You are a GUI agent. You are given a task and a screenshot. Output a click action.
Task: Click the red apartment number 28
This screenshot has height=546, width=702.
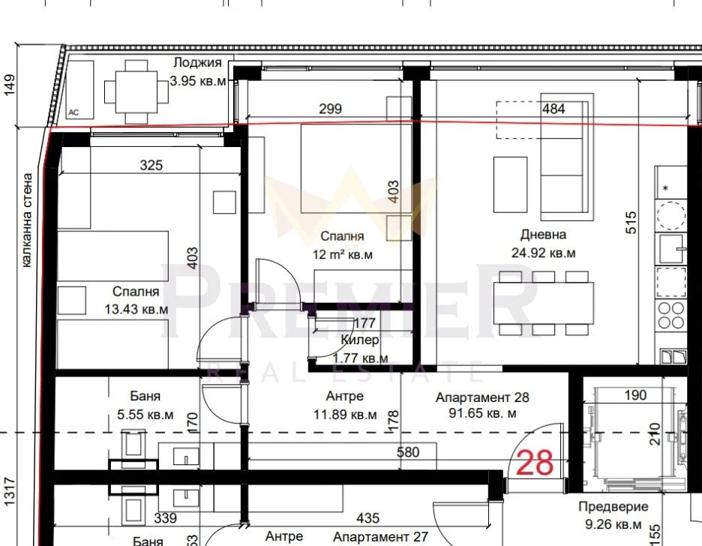[535, 462]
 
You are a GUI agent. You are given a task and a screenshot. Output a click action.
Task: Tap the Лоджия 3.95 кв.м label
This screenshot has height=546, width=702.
[198, 71]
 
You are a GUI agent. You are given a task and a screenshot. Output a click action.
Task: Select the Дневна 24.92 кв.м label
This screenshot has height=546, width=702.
[544, 244]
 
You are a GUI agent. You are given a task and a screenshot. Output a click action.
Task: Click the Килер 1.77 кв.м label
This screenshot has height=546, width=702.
[360, 349]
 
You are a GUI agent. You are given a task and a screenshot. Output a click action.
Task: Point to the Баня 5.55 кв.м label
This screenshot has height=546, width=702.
[145, 405]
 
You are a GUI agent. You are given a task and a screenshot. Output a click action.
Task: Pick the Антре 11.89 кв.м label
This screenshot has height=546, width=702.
[345, 405]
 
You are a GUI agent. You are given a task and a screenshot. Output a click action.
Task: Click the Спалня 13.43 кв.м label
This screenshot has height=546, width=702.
[136, 300]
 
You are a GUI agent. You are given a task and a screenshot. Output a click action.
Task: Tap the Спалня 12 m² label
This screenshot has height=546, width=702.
[343, 245]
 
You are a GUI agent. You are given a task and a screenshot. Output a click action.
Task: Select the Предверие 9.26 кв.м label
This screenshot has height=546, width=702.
[613, 515]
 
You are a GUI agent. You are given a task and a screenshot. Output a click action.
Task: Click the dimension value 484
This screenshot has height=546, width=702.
[553, 109]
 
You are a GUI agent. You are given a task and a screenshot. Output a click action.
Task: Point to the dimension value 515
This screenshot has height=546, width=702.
[630, 223]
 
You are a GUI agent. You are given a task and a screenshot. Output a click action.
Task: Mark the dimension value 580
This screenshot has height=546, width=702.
[408, 452]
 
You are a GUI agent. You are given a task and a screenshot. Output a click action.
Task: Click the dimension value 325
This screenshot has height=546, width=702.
[151, 165]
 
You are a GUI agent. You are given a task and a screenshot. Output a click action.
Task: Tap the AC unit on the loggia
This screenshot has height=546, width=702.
[79, 90]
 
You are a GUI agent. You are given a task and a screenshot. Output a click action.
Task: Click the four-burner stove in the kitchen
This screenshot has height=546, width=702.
[670, 315]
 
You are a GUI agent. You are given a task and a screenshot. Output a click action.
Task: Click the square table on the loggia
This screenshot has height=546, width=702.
[136, 91]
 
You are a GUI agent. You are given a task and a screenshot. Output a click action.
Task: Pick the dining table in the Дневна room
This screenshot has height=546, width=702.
[544, 303]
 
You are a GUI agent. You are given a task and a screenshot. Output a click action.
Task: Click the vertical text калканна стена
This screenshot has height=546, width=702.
[27, 220]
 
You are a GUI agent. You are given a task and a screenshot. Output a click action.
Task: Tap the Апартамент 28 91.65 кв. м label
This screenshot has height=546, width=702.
[482, 405]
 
